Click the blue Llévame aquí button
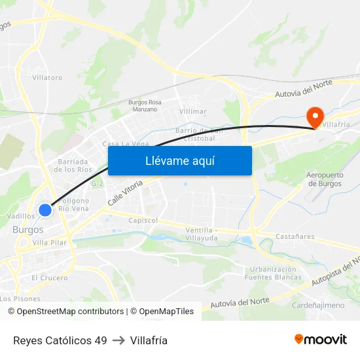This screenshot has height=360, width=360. (179, 160)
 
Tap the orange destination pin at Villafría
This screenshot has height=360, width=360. (315, 117)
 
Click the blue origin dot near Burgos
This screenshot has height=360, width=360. (45, 210)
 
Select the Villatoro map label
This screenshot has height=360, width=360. (48, 77)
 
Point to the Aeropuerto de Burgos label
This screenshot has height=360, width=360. (325, 179)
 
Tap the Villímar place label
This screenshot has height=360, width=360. (193, 111)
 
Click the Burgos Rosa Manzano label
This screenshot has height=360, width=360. (144, 106)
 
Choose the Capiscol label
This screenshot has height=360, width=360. (143, 221)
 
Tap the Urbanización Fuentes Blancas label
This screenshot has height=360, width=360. (274, 273)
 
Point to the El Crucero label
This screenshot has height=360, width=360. (49, 278)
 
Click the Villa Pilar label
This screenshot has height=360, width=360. (50, 242)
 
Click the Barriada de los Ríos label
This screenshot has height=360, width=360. (73, 165)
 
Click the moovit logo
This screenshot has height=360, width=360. (321, 340)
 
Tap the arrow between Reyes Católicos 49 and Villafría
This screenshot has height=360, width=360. (118, 340)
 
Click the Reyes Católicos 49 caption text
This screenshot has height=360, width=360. (60, 340)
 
